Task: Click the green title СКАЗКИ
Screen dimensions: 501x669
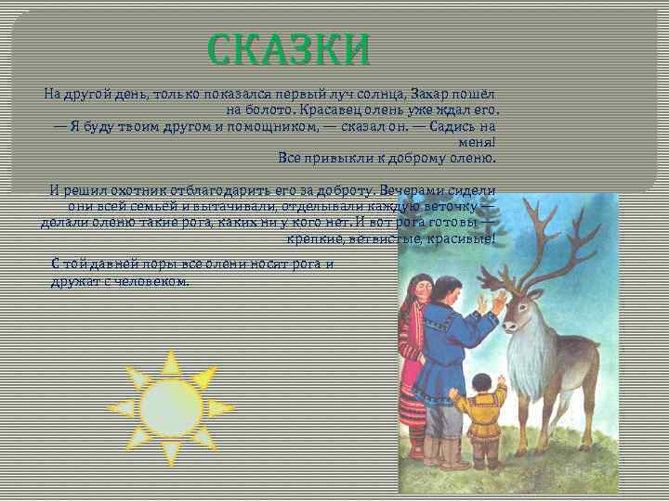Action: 289,50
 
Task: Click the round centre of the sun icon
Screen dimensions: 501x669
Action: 171,408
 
